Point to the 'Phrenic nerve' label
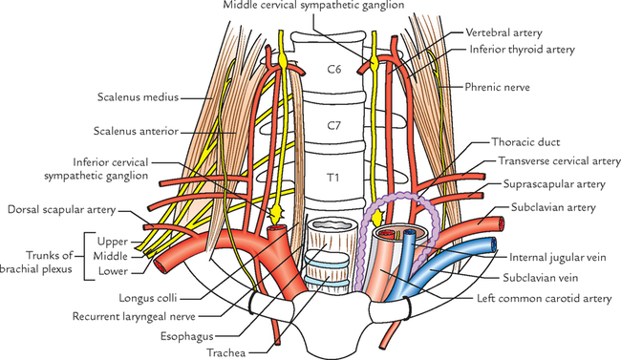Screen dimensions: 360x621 coord(507,87)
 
